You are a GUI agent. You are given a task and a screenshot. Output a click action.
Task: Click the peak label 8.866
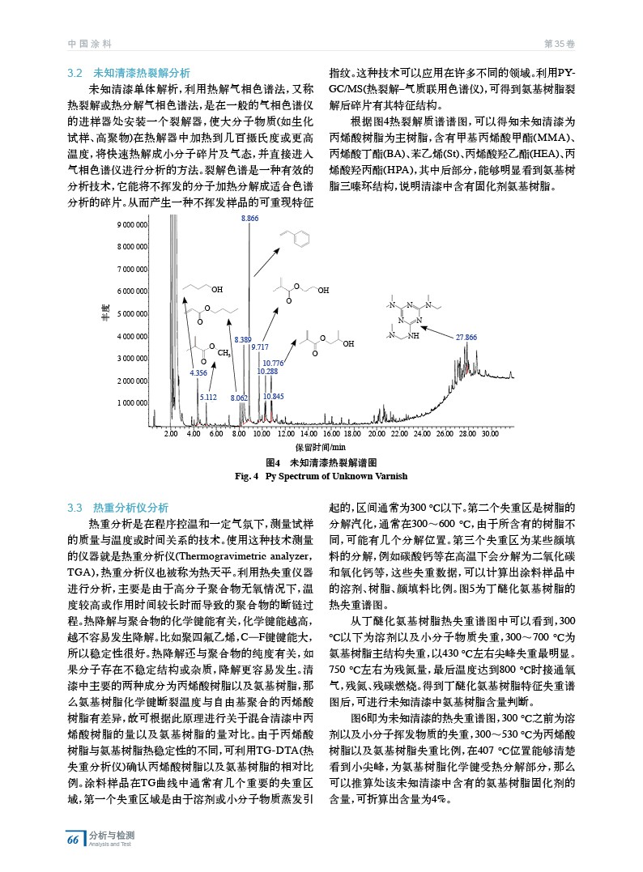(x=249, y=219)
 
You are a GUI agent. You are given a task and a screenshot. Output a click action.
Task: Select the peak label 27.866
(x=466, y=337)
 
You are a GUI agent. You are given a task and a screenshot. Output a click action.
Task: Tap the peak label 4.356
(x=198, y=372)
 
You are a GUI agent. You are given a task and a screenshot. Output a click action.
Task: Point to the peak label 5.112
(x=208, y=398)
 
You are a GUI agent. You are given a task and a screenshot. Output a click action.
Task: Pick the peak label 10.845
(x=273, y=396)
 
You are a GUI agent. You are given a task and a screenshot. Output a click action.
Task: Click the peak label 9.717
(x=259, y=347)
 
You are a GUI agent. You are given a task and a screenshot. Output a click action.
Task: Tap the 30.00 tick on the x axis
(x=489, y=435)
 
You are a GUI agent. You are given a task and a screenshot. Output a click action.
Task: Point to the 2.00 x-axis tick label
(x=171, y=435)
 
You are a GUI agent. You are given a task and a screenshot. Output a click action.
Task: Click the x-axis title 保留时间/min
(x=321, y=447)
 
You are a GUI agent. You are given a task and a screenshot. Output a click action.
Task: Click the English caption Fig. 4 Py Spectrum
(x=321, y=476)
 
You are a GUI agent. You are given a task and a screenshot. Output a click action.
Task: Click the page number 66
(x=73, y=840)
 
